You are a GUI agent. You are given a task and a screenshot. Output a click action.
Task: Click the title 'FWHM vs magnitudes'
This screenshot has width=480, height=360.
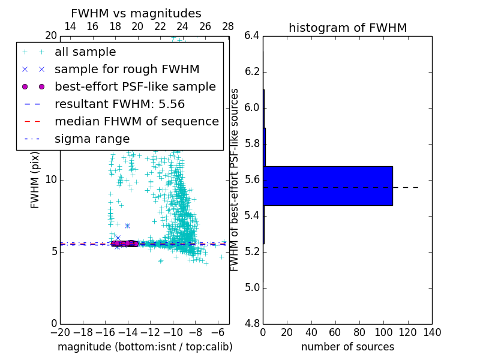(x=136, y=13)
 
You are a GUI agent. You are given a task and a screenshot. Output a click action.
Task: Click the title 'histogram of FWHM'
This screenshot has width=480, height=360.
(x=347, y=28)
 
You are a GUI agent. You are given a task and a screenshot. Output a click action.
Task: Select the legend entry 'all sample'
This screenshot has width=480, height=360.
(x=85, y=52)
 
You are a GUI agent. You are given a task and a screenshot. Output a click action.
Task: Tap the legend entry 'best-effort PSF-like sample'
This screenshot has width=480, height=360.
(x=135, y=87)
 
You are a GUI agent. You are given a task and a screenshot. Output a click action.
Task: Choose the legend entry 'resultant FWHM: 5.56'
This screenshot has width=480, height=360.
(x=119, y=104)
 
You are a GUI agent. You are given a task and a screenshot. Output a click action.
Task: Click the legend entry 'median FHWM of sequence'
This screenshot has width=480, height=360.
(x=136, y=122)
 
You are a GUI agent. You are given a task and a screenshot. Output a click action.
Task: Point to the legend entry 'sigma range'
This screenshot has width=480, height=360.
(x=92, y=139)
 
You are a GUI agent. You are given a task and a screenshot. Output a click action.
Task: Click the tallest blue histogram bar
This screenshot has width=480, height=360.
(x=328, y=186)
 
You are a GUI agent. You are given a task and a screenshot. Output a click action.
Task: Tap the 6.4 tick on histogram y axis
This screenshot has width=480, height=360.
(x=252, y=36)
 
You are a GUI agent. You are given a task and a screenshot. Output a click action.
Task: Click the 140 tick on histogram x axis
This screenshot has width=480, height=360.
(x=432, y=332)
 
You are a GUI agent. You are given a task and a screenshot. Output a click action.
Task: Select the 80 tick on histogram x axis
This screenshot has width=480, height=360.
(x=359, y=332)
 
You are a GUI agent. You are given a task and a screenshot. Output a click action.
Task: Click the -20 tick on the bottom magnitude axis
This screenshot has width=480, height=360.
(x=60, y=332)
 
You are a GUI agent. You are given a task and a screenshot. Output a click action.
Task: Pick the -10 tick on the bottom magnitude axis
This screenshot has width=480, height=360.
(x=173, y=332)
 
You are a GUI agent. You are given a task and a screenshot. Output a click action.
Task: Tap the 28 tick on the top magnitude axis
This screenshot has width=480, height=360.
(x=228, y=26)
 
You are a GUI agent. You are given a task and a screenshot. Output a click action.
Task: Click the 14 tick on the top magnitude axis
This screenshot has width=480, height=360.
(x=70, y=26)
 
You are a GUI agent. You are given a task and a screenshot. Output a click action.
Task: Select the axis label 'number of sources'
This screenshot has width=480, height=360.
(x=347, y=347)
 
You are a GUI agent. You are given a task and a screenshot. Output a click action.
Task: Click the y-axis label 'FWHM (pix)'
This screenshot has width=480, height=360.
(x=35, y=179)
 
